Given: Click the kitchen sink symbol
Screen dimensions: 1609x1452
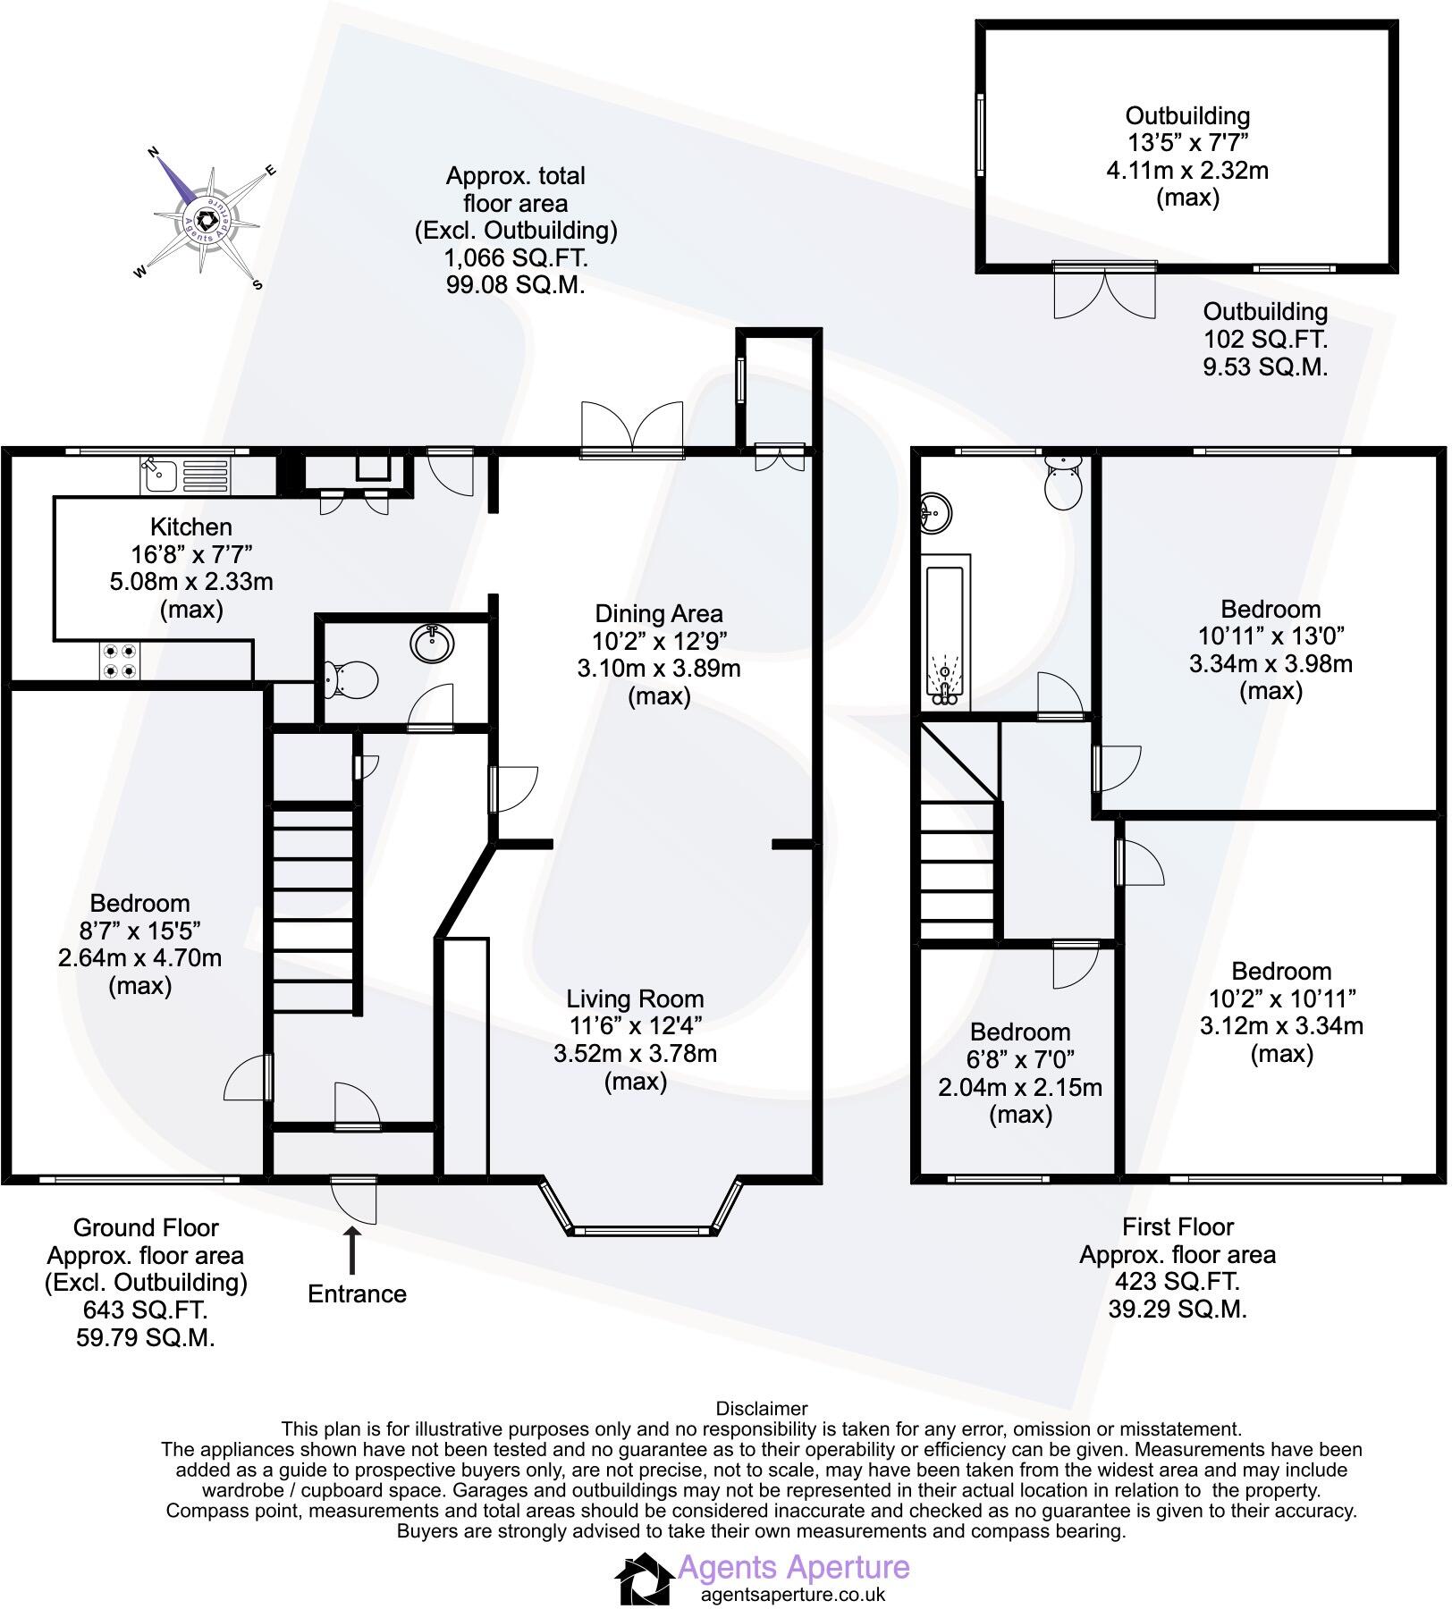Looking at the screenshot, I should (184, 475).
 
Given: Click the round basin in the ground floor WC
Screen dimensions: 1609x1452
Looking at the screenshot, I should (433, 642).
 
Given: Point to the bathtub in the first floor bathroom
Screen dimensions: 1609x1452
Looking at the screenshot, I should (946, 631).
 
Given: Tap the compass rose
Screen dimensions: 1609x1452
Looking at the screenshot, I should (207, 220).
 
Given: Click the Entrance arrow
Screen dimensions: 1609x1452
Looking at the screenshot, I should (353, 1250).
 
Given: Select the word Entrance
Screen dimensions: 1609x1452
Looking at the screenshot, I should (357, 1293).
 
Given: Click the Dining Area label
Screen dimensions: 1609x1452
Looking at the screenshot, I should (658, 614).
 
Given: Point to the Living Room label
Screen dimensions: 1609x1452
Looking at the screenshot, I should (635, 998).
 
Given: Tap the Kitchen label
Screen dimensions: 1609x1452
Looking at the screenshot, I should (190, 527).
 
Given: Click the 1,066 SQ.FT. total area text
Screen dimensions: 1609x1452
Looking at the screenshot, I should (516, 258).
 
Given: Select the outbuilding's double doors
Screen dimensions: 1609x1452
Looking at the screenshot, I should (1105, 291).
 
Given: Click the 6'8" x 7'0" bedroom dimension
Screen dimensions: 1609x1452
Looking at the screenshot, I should (1019, 1059).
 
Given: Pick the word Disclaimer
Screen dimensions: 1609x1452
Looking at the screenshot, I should (762, 1409).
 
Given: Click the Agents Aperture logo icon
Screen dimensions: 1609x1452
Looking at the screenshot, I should (644, 1579).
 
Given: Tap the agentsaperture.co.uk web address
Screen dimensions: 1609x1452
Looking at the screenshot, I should (792, 1594).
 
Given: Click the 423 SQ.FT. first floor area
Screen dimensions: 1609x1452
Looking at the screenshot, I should (1177, 1281).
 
